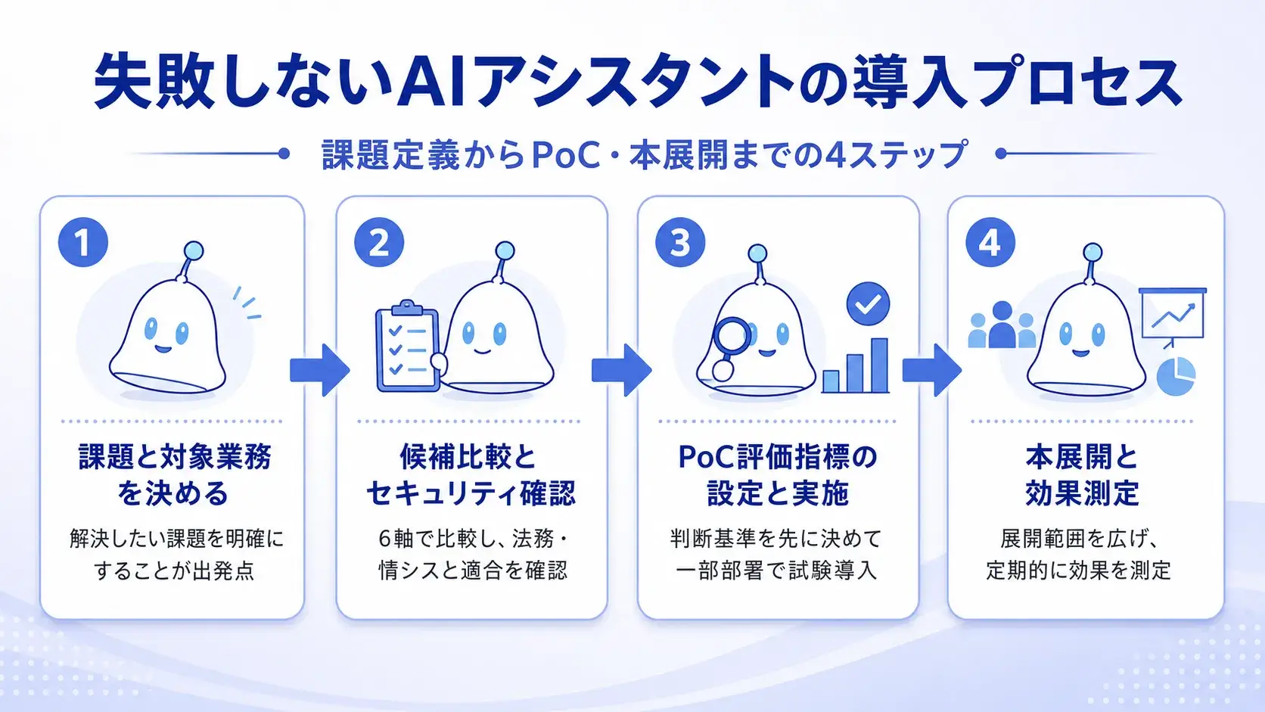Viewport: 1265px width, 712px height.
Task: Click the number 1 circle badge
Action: point(83,242)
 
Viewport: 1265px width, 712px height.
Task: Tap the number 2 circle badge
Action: point(379,242)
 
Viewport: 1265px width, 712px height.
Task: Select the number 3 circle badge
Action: point(680,242)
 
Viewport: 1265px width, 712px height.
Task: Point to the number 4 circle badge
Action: point(990,242)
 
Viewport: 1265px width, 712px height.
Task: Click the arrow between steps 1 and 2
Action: point(320,371)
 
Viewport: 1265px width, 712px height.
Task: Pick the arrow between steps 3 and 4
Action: point(932,371)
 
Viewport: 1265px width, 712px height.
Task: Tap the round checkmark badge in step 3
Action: point(868,303)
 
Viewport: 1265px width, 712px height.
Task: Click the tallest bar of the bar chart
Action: point(879,365)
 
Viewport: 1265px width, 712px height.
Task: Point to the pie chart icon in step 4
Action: point(1176,376)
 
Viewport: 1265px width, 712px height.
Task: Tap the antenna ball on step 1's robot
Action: point(194,250)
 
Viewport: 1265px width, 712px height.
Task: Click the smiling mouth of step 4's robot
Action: point(1080,353)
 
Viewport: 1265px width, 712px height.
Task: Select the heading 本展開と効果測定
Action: point(1081,475)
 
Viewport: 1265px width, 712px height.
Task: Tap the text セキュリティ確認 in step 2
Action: point(471,493)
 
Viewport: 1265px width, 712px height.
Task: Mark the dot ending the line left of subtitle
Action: point(284,153)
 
